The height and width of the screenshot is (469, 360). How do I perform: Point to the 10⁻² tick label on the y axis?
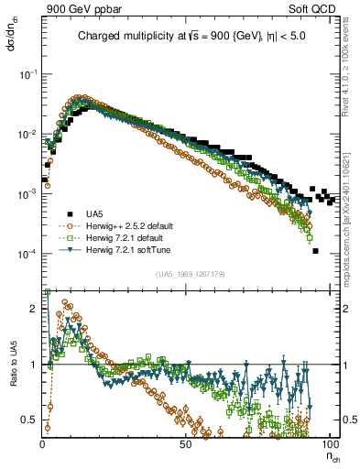(x=28, y=135)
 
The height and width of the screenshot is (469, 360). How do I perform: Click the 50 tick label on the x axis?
(x=185, y=443)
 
